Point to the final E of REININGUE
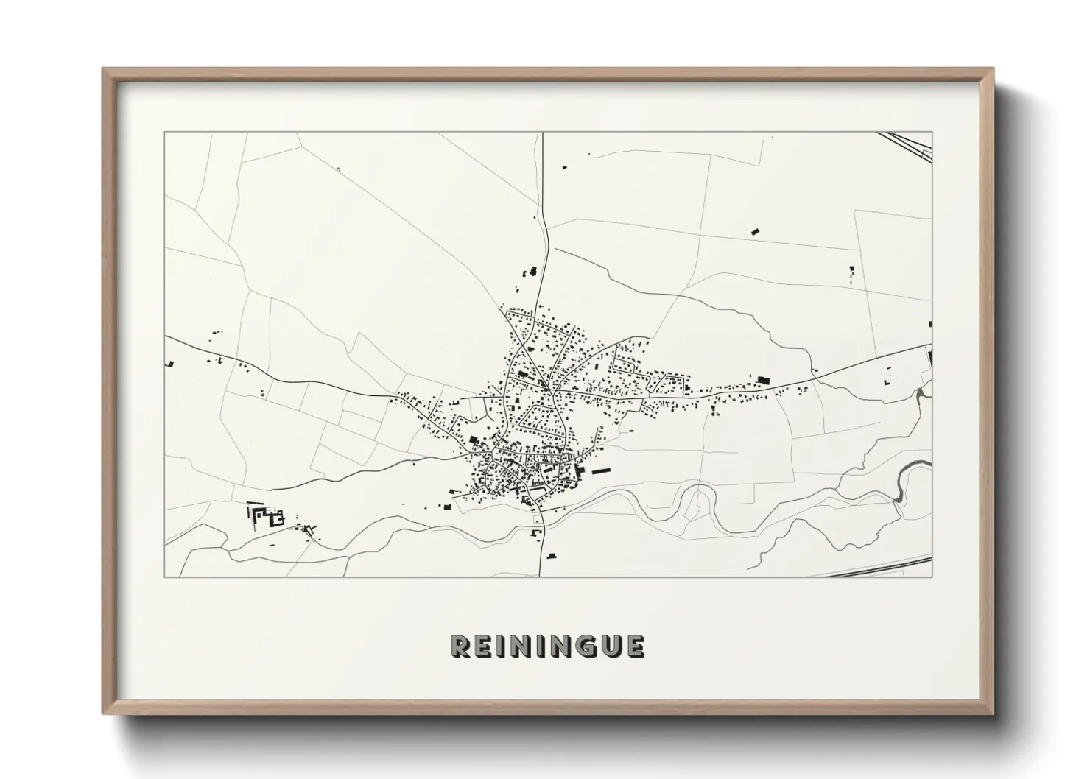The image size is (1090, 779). point(635,646)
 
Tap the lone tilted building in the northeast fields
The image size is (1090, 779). point(754,231)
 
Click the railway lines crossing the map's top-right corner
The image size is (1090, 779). point(910,144)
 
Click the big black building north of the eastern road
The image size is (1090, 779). point(763,379)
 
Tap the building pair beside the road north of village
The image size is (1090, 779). point(530,272)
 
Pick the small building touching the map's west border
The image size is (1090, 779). point(170,363)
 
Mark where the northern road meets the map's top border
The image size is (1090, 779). point(542,133)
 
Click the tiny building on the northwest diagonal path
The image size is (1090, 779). point(337,169)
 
